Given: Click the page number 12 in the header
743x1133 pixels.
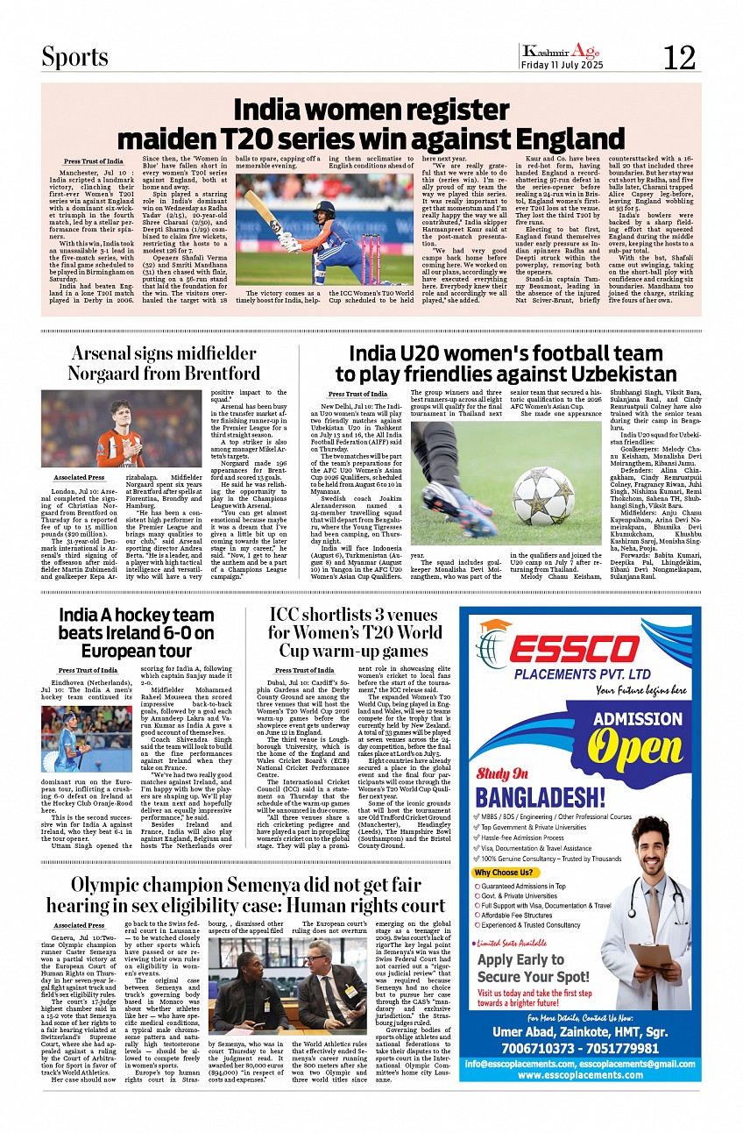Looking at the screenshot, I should (x=679, y=58).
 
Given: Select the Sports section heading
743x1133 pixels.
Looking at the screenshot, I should (x=75, y=57).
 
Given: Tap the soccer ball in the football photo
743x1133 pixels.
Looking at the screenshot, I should (x=543, y=496).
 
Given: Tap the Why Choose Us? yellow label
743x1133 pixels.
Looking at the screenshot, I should (x=503, y=873).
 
